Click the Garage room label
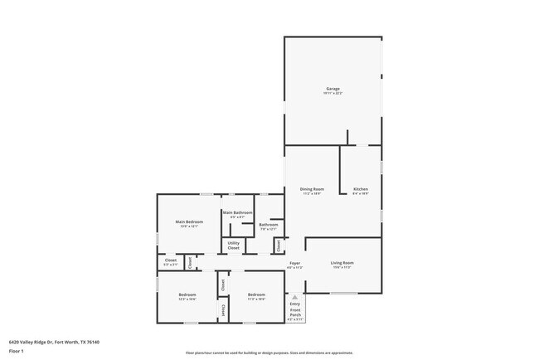point(333,89)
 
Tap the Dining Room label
point(312,189)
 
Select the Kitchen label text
point(360,189)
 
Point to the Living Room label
point(342,263)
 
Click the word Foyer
point(294,262)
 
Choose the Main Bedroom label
point(189,221)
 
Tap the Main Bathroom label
point(237,212)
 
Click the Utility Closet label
point(234,246)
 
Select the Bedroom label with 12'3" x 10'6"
point(187,295)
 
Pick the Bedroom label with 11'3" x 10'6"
point(255,295)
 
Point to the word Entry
point(295,304)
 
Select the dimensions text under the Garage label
point(333,94)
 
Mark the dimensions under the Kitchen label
point(360,194)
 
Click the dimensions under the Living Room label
point(342,268)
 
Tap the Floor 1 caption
point(16,351)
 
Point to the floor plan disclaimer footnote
point(269,353)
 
